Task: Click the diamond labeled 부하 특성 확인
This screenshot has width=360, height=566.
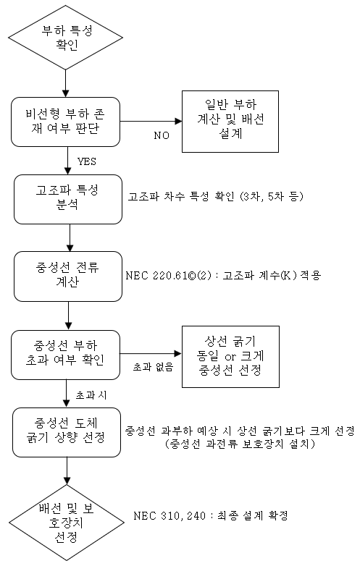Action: point(65,37)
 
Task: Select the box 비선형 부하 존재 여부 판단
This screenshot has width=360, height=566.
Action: point(65,122)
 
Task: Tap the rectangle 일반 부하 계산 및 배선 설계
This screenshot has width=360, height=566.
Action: point(230,122)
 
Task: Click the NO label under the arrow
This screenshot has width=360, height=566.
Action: point(162,135)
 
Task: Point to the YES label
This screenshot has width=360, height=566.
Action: point(87,161)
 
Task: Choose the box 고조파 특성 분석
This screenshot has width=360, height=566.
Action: point(68,199)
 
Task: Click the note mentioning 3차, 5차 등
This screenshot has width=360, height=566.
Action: point(216,196)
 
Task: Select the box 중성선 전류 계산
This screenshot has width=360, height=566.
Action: point(68,276)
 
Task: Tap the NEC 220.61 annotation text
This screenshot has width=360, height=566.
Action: point(223,276)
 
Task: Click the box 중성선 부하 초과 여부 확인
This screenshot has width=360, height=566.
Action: point(65,355)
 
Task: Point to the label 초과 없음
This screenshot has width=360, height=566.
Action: point(153,367)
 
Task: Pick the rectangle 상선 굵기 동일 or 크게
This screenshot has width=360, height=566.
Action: point(230,357)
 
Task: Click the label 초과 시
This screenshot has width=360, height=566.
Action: point(91,395)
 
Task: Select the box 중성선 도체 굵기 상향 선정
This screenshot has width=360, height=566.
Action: point(67,432)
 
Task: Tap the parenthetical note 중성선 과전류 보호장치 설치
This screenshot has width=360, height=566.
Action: point(240,444)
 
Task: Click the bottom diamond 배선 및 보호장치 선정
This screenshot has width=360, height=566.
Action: point(67,523)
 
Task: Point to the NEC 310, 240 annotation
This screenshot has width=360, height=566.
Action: point(211,515)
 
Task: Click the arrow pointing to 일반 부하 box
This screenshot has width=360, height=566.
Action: point(151,122)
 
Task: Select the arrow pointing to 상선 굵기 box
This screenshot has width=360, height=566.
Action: point(151,354)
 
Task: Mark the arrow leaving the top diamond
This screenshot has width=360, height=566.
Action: point(65,83)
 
